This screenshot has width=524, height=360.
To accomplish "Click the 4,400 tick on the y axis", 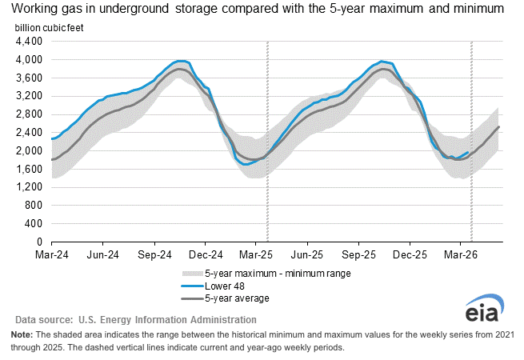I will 28,41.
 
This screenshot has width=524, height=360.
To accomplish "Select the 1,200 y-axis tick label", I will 28,186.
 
